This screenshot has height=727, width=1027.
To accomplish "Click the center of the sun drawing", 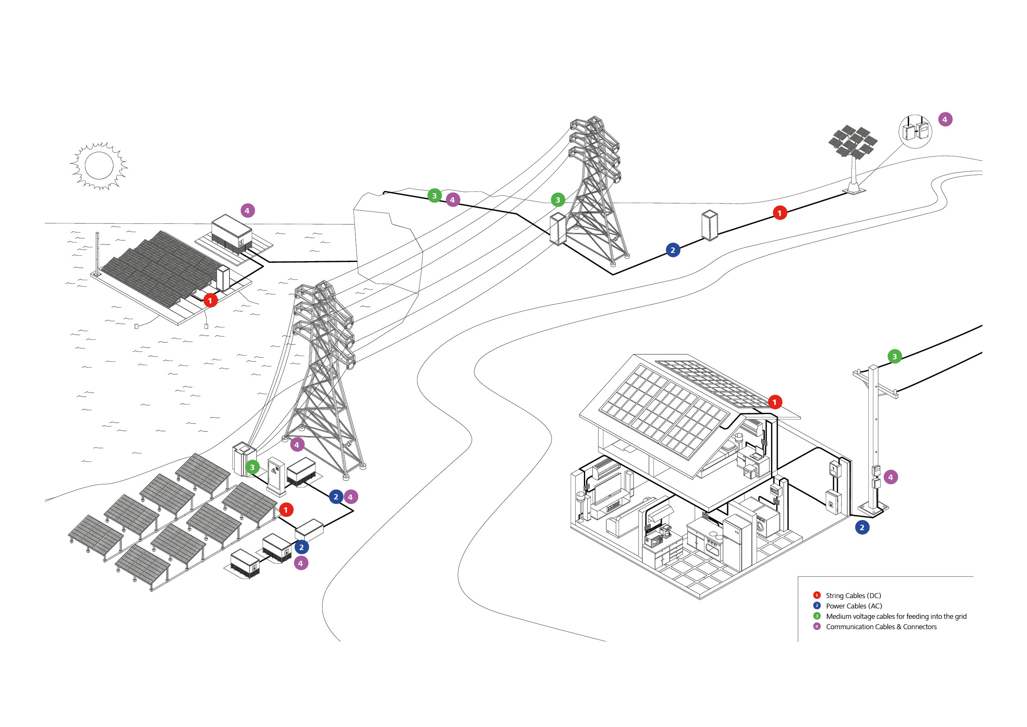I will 99,165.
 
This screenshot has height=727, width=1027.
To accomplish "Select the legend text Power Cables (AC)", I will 853,606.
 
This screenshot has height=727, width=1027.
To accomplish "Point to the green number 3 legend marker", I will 817,616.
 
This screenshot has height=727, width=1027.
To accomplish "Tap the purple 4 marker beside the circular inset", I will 945,119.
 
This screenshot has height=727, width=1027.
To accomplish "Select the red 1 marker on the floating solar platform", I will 210,300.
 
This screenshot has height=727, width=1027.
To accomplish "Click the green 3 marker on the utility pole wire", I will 894,356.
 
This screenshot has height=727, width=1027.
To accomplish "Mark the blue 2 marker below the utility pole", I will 862,527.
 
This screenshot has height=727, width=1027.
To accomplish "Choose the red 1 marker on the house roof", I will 775,402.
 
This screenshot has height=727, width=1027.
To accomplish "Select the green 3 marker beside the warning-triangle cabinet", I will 252,468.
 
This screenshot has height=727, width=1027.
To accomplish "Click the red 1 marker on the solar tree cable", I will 780,213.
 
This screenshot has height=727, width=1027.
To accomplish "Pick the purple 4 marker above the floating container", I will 247,211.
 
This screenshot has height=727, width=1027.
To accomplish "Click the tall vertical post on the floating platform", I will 97,253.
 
